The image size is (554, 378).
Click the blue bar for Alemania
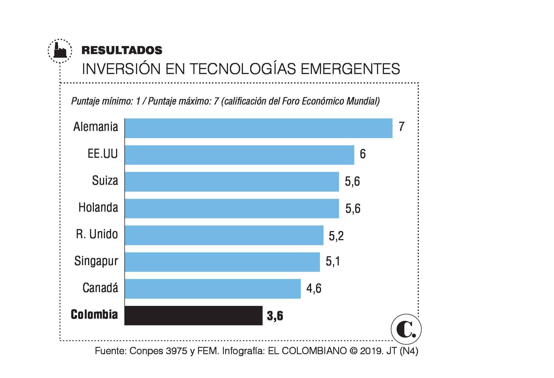(x=258, y=128)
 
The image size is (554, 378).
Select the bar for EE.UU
(x=239, y=155)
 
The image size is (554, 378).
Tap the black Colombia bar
(x=193, y=315)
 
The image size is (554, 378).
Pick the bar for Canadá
(x=212, y=289)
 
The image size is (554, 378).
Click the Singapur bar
(x=222, y=262)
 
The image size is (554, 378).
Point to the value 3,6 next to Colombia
(x=275, y=316)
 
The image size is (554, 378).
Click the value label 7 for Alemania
(x=401, y=127)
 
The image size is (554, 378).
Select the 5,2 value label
(x=336, y=236)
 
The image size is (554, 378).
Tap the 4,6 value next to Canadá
(x=314, y=289)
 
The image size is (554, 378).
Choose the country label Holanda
(x=98, y=208)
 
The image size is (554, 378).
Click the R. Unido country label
(x=97, y=234)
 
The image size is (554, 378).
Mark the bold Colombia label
(x=94, y=315)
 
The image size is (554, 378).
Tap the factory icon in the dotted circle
(x=60, y=51)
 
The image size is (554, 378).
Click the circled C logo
(x=406, y=329)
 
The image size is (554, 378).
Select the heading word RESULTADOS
(x=122, y=50)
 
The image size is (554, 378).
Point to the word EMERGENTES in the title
(x=350, y=69)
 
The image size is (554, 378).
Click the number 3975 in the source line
(x=176, y=351)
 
